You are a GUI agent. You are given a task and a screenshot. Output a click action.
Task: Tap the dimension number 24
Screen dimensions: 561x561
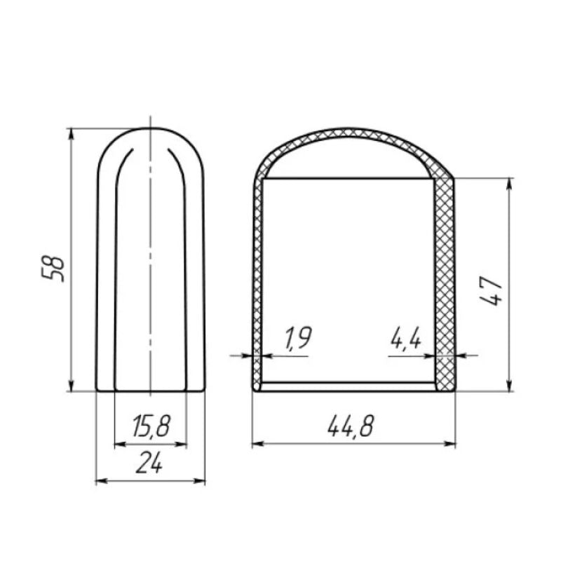[150, 464]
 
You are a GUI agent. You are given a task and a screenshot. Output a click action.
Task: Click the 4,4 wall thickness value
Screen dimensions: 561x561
[405, 339]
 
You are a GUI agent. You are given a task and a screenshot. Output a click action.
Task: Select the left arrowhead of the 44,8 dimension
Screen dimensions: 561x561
[257, 443]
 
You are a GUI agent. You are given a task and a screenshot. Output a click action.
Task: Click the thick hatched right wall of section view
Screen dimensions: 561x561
[444, 280]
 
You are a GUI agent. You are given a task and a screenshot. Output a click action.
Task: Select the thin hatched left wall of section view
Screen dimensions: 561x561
[257, 280]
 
